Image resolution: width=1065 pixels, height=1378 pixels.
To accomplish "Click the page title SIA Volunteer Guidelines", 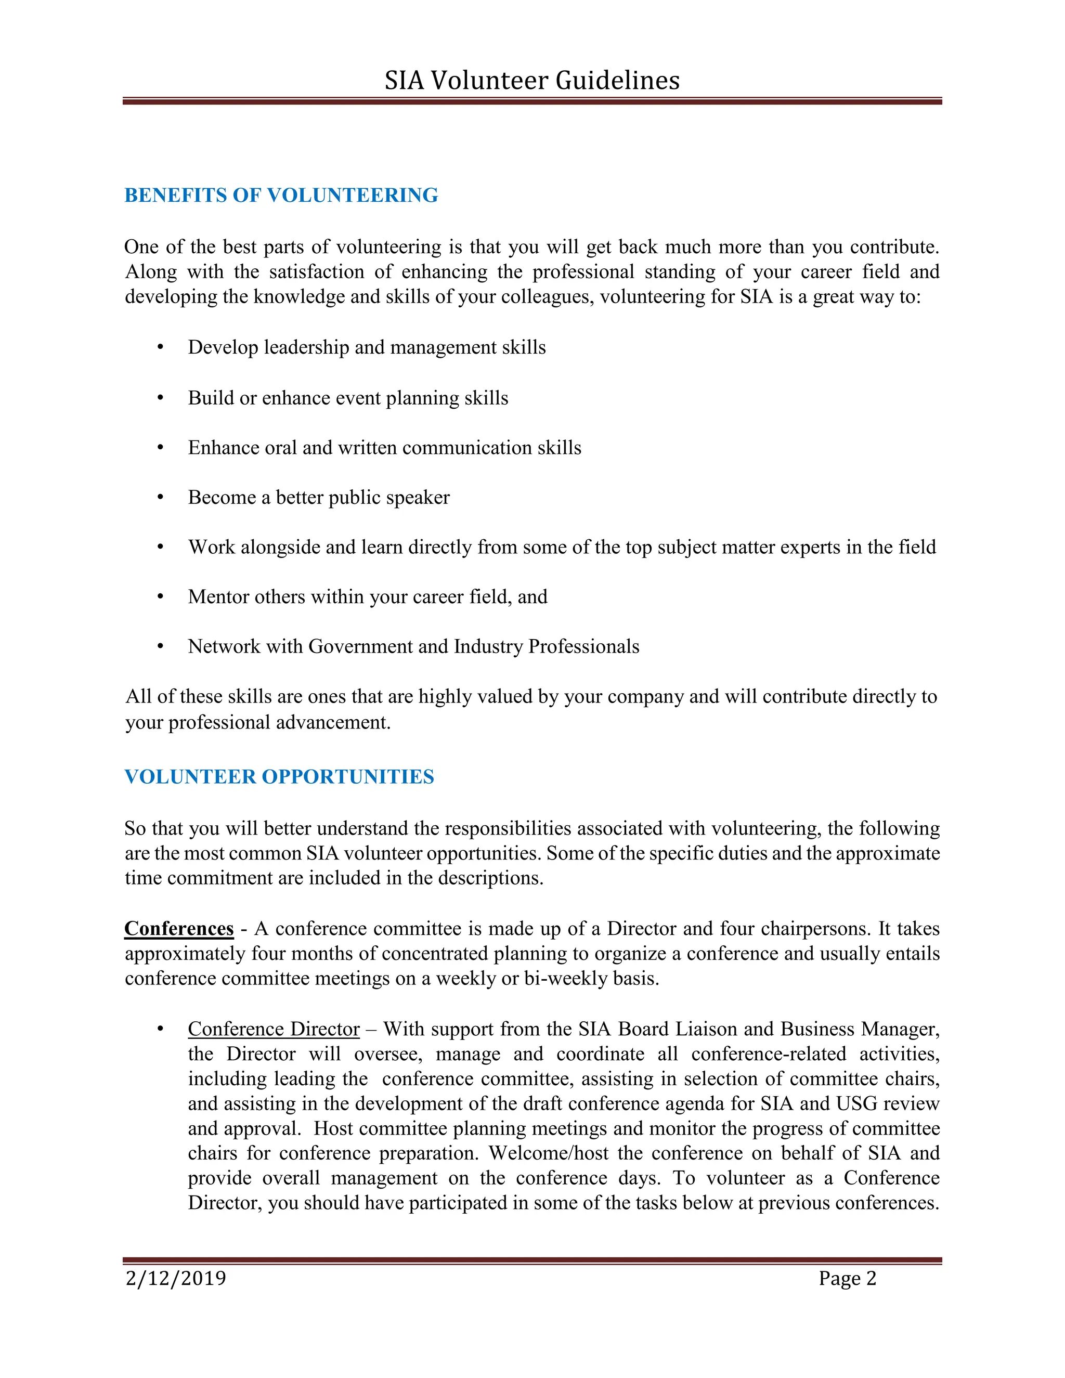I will pos(532,81).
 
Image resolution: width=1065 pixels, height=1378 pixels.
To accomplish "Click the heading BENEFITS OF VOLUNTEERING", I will pos(281,196).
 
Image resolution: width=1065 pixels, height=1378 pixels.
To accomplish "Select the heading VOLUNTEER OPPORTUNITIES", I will pos(279,777).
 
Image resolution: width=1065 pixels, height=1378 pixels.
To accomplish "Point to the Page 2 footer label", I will pos(847,1278).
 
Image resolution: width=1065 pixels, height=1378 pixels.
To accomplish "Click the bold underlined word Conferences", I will pos(179,929).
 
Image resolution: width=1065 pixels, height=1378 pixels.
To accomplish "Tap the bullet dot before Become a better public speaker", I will pos(160,497).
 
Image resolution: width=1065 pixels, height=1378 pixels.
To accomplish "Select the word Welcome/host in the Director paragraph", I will pos(548,1153).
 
